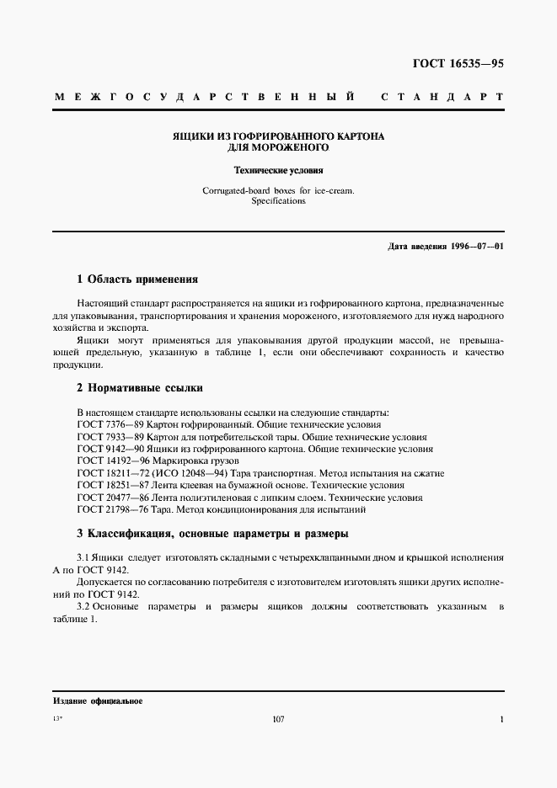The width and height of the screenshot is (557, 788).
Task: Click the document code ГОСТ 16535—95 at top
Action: tap(458, 63)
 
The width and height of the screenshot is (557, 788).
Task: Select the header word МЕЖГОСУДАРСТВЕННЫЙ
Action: tap(201, 98)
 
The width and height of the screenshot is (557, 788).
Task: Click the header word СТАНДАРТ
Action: tap(442, 98)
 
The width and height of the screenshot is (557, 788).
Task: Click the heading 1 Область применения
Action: tap(137, 279)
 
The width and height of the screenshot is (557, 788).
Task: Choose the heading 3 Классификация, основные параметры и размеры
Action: tap(212, 534)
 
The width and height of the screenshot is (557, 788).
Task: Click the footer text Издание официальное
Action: tap(98, 701)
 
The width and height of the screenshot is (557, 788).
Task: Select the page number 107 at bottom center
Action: tap(279, 720)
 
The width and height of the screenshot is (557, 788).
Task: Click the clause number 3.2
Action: tap(84, 606)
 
